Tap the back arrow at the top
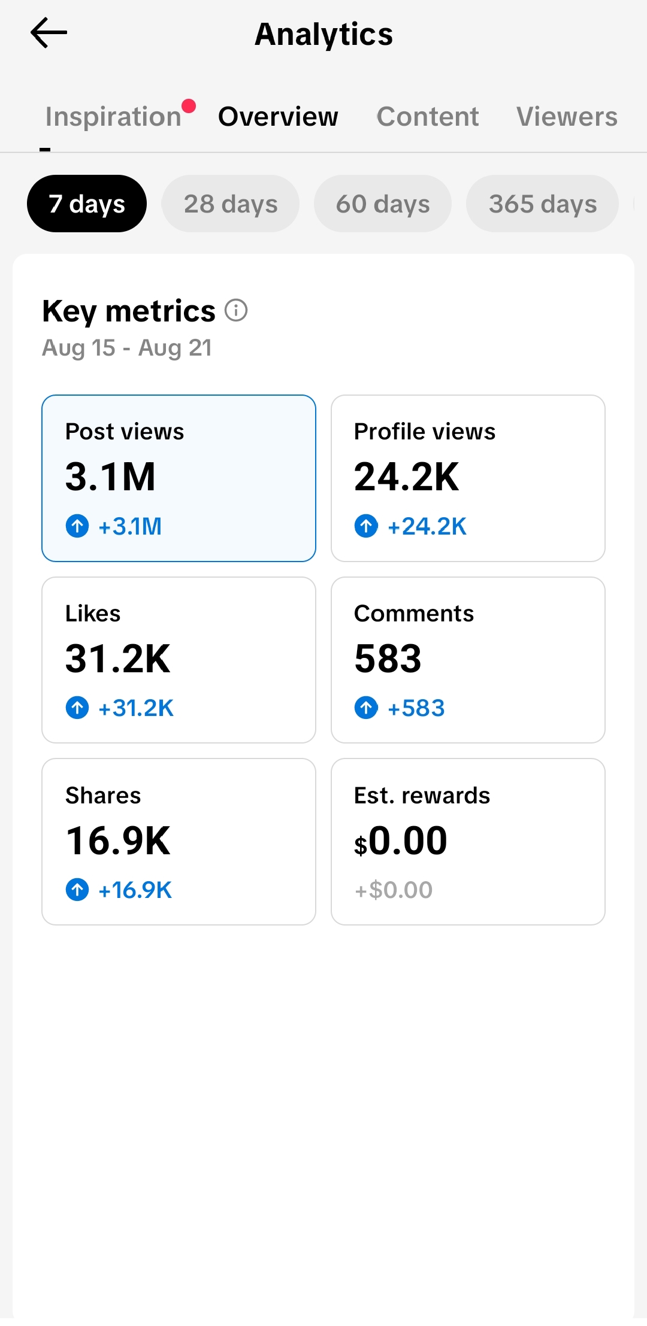(x=49, y=32)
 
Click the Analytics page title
(x=323, y=34)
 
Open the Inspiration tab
(x=113, y=116)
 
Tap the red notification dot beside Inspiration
(x=189, y=106)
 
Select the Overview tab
(x=278, y=116)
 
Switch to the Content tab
(x=428, y=116)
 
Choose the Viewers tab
(x=567, y=116)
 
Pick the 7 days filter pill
(x=87, y=204)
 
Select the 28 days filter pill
(x=231, y=204)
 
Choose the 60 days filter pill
(x=383, y=204)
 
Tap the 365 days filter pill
(x=543, y=204)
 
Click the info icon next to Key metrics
(x=236, y=310)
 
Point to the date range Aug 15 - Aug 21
(x=127, y=348)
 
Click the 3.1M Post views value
(x=111, y=477)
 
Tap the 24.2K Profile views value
(x=407, y=477)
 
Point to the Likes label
(x=93, y=614)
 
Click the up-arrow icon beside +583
(x=366, y=708)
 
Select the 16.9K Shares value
(x=118, y=840)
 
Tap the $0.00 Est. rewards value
(x=401, y=840)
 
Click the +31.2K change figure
(x=136, y=708)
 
